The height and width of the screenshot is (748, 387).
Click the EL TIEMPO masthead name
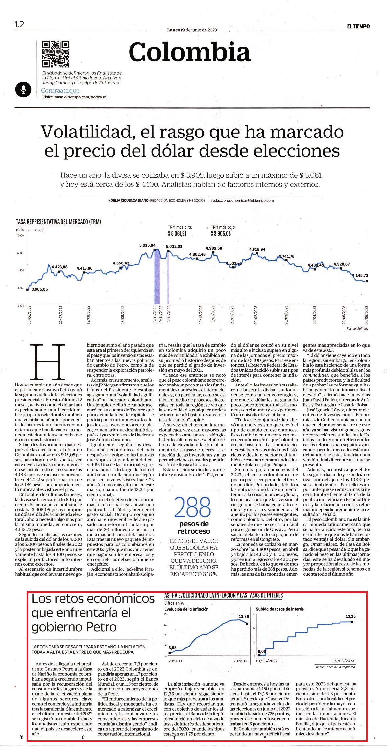358,26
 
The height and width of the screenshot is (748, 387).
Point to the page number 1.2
19,24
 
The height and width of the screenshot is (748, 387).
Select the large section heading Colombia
190,52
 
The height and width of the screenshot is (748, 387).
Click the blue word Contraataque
60,91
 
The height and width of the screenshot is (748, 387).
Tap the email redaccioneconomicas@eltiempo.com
243,200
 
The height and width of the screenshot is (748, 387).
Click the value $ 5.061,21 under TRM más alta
177,234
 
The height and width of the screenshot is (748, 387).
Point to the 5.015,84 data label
147,245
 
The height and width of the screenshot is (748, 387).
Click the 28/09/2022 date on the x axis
123,315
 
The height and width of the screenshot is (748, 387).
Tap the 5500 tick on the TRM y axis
21,236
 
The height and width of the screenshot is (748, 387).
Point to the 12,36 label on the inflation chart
244,616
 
